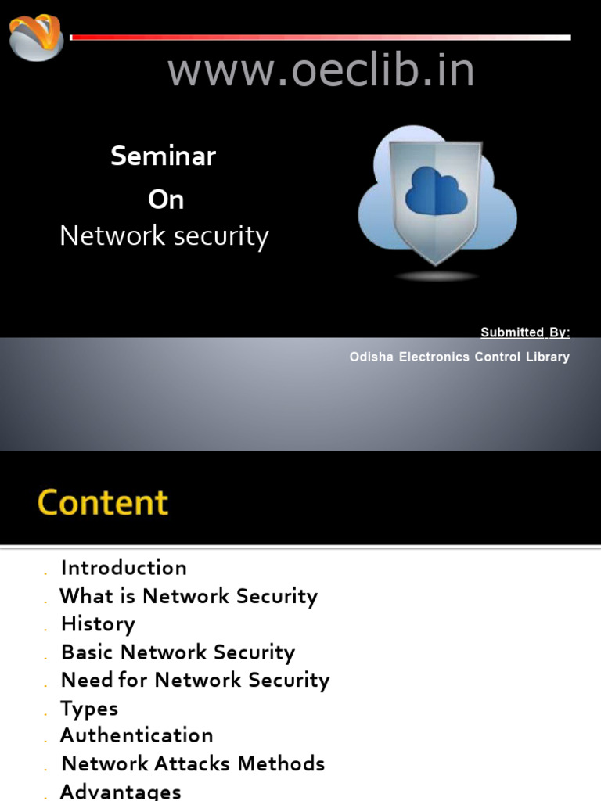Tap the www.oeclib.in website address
(321, 71)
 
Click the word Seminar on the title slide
(163, 156)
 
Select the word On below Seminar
(166, 200)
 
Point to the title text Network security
(164, 236)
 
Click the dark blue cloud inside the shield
(436, 192)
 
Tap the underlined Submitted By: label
(525, 332)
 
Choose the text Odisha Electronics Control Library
(459, 357)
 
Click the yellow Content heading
(103, 502)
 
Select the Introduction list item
(124, 568)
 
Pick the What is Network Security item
(189, 596)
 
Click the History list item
(98, 624)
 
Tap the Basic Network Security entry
(178, 652)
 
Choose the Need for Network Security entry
(195, 681)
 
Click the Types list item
(89, 709)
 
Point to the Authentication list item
(136, 736)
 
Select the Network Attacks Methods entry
(193, 764)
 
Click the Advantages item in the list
(121, 792)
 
